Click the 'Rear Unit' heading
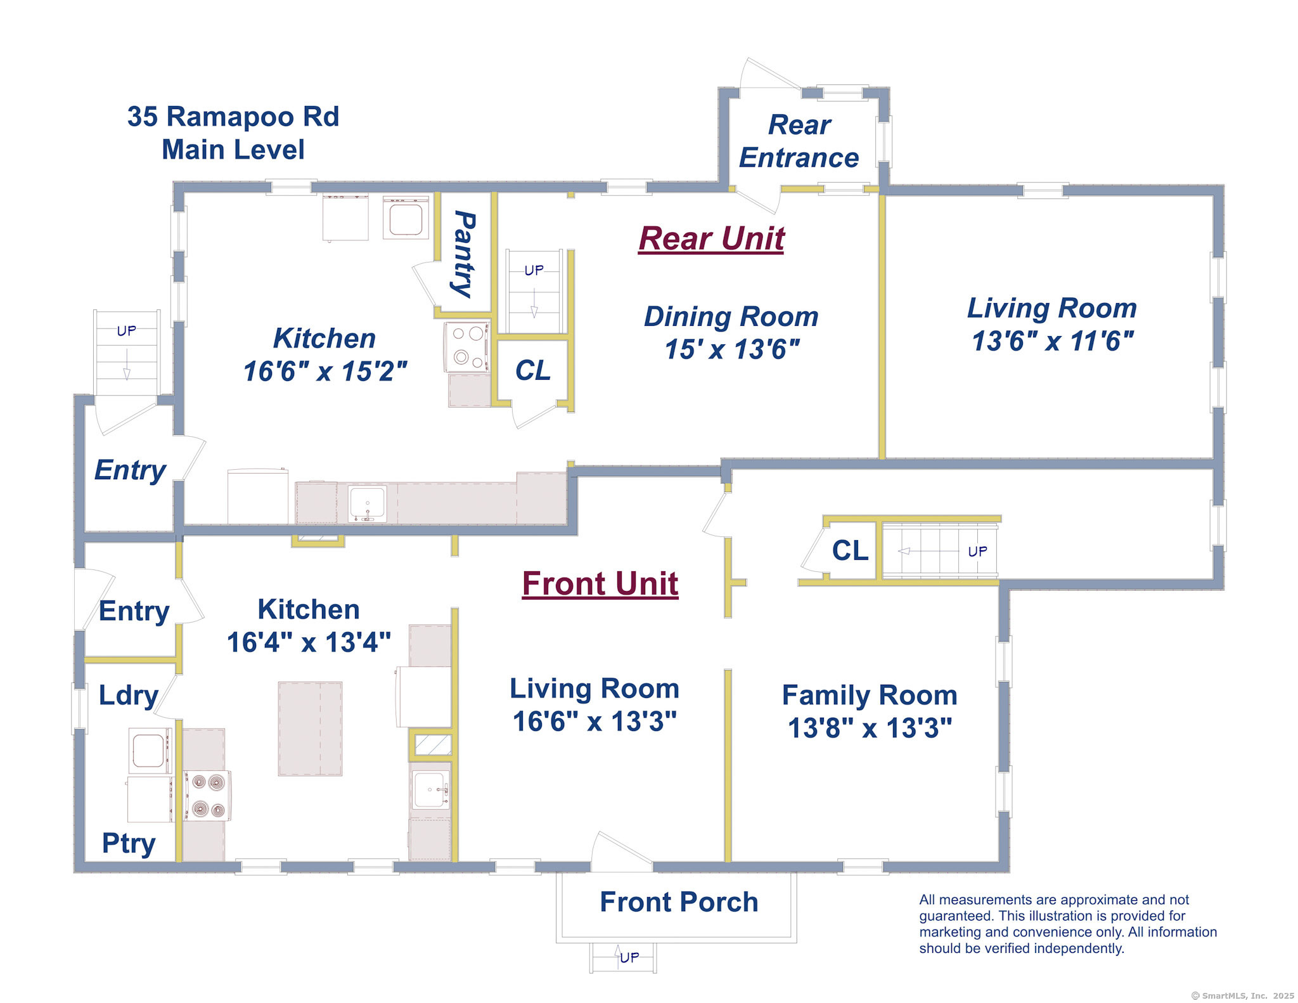click(x=711, y=239)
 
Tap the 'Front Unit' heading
click(x=600, y=584)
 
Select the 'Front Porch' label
click(x=679, y=902)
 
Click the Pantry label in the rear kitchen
click(x=465, y=254)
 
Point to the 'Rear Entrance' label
click(x=799, y=141)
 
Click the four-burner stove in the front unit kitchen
click(x=208, y=796)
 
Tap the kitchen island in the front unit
click(x=311, y=729)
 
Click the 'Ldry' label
click(x=128, y=696)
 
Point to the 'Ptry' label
click(x=129, y=844)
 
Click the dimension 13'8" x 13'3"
click(x=870, y=728)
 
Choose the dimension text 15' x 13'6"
click(x=732, y=349)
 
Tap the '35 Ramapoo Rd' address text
click(x=233, y=117)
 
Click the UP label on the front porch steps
click(x=629, y=957)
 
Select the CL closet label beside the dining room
click(x=533, y=371)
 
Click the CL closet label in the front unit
click(x=850, y=550)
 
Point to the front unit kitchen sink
click(x=431, y=790)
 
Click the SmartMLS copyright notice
click(x=1243, y=996)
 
